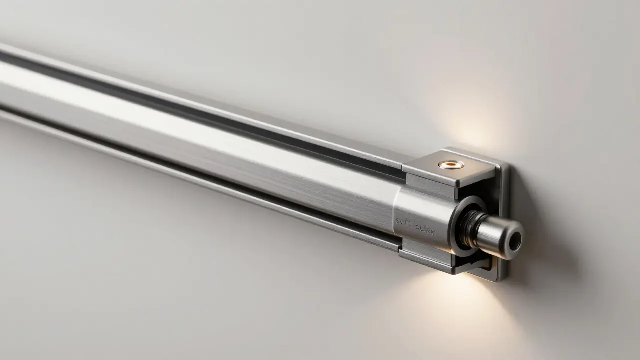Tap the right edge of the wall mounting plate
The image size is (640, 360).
tap(506, 220)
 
